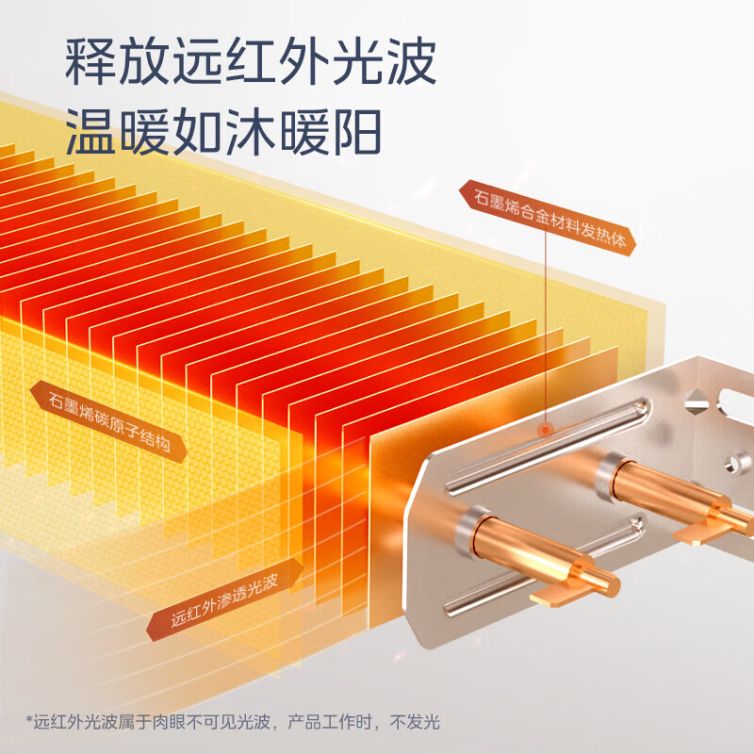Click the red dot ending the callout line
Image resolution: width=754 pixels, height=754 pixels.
546,430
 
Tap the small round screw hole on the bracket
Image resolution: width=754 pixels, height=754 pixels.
732,463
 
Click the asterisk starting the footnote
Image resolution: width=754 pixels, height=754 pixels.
28,724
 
